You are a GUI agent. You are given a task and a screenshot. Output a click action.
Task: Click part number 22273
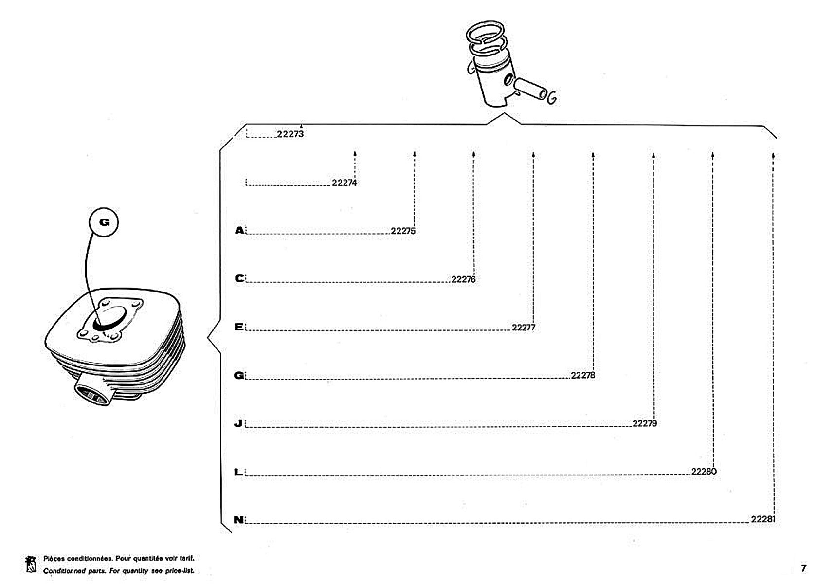pos(290,134)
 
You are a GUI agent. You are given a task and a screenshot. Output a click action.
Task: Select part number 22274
pos(344,183)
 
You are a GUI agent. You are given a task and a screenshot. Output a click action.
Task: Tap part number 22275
pos(403,231)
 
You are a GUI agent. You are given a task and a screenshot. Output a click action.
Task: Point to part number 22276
pos(464,279)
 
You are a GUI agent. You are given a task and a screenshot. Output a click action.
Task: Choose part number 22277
pos(524,328)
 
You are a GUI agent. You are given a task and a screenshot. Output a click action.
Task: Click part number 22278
pos(583,375)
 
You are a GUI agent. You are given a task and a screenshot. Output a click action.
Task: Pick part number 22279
pos(645,423)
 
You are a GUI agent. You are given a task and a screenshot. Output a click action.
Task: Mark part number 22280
pos(704,472)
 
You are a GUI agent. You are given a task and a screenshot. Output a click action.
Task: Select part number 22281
pos(763,519)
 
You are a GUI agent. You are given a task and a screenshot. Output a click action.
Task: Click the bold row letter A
pos(240,230)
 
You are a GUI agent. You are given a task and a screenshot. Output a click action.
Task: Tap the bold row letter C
pos(240,278)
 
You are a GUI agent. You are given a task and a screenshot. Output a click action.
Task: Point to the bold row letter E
pos(238,327)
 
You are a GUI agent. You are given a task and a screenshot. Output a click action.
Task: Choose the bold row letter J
pos(238,423)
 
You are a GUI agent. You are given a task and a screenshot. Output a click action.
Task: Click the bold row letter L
pos(238,472)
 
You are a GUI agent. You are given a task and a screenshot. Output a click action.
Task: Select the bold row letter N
pos(238,520)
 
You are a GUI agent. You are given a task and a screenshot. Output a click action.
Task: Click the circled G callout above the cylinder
pos(104,222)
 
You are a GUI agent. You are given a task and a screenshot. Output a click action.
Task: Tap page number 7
pos(804,568)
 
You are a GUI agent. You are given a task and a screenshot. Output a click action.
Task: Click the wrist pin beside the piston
pos(530,89)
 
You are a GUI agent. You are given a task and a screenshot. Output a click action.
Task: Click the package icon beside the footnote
pos(31,564)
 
